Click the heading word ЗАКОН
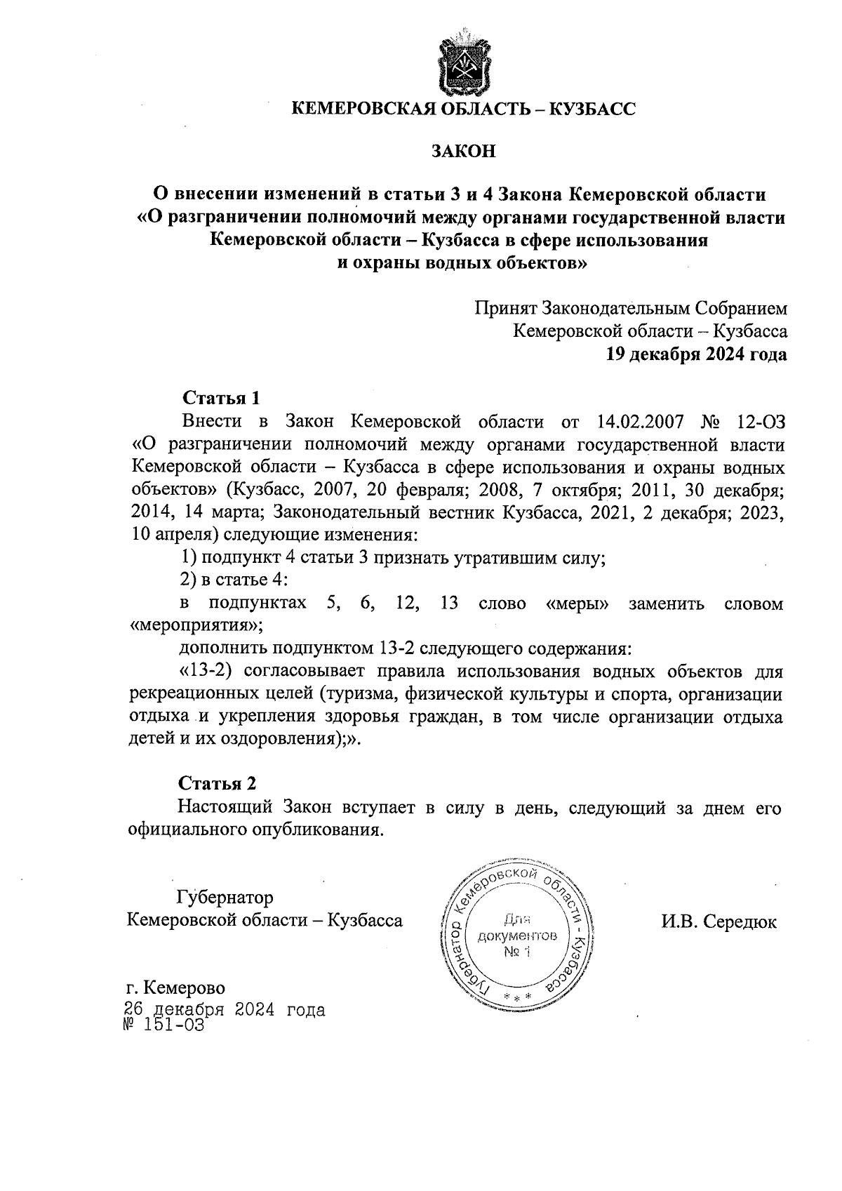(x=463, y=151)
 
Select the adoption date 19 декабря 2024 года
(x=696, y=354)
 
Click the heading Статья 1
(x=221, y=398)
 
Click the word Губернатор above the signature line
(x=225, y=898)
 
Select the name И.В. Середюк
(x=719, y=921)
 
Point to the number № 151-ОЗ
(x=165, y=1025)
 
